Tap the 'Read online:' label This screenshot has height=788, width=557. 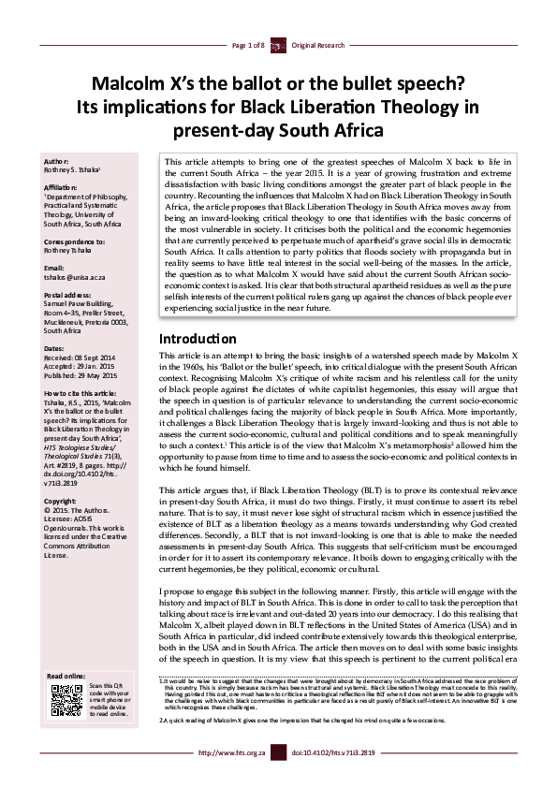pos(66,676)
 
